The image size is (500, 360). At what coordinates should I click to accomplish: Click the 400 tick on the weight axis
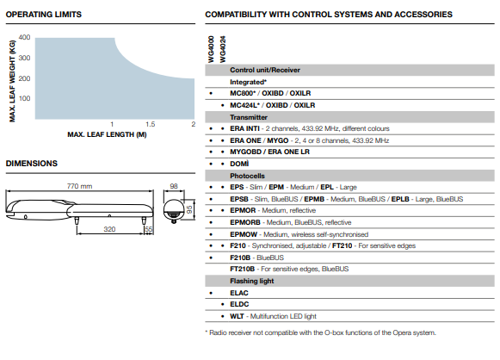(24, 37)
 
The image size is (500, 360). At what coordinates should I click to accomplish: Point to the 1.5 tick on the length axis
(151, 124)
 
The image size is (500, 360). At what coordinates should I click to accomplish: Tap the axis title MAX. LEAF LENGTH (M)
(107, 134)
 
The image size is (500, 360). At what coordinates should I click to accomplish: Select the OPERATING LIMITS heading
(44, 15)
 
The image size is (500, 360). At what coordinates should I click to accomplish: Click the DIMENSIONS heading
(32, 164)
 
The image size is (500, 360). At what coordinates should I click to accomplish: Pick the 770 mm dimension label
(79, 186)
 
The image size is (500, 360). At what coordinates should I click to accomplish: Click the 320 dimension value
(109, 229)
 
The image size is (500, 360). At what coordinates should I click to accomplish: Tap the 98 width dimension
(174, 186)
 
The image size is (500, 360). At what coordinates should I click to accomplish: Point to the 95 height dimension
(189, 209)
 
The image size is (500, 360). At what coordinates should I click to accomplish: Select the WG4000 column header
(211, 49)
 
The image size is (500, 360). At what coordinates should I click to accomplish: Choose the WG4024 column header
(223, 49)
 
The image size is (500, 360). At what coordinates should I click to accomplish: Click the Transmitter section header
(249, 117)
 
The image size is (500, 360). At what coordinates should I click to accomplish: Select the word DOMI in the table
(239, 164)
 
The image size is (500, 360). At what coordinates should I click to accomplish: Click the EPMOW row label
(244, 234)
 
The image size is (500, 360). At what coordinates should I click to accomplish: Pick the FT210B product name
(243, 269)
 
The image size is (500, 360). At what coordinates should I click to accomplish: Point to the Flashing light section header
(252, 281)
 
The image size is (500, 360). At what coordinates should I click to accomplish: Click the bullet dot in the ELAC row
(211, 293)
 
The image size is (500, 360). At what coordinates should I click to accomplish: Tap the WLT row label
(237, 316)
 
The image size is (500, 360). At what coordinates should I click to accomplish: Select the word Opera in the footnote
(401, 332)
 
